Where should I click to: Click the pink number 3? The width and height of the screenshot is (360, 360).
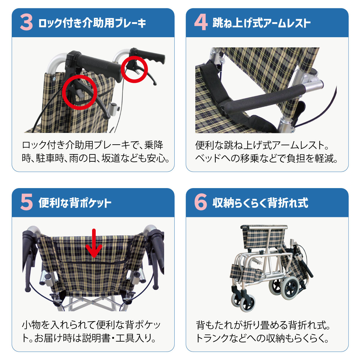pos(26,23)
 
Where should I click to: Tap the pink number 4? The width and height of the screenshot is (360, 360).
pos(200,23)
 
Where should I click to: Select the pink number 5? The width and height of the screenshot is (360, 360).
pos(26,203)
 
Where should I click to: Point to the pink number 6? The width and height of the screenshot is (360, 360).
pos(201,203)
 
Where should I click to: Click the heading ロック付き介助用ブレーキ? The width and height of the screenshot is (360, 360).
pos(92,23)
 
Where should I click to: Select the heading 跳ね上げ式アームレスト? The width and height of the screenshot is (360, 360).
pos(261,23)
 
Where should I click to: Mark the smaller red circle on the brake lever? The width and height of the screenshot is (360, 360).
pos(134,69)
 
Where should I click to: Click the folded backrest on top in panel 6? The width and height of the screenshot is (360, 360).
pos(264,237)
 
